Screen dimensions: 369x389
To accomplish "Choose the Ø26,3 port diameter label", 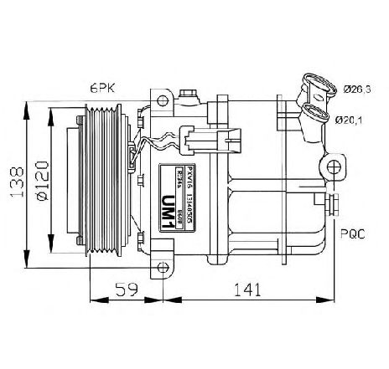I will pyautogui.click(x=356, y=88).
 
